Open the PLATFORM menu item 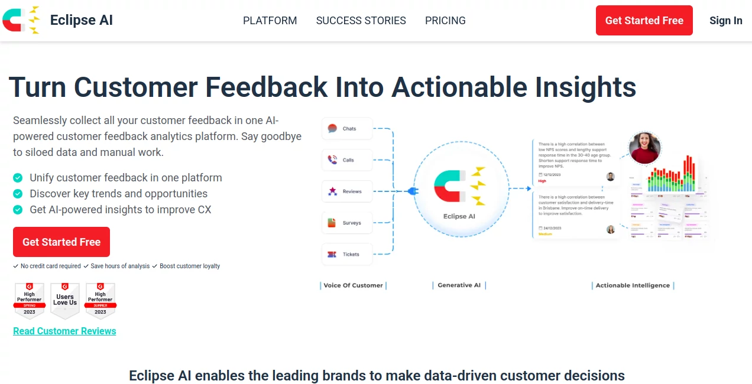pos(270,21)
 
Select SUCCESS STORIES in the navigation pos(361,21)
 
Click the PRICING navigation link pos(445,21)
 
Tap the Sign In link pos(725,21)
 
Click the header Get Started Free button pos(644,21)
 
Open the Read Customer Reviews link pos(64,331)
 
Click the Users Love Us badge pos(65,300)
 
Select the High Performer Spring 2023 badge pos(30,300)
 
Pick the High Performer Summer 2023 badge pos(101,300)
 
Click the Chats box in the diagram pos(347,129)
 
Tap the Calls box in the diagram pos(347,160)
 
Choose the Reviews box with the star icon pos(347,191)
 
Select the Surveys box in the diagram pos(347,223)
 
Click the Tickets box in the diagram pos(347,254)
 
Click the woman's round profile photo pos(644,148)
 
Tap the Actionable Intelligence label pos(633,285)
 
